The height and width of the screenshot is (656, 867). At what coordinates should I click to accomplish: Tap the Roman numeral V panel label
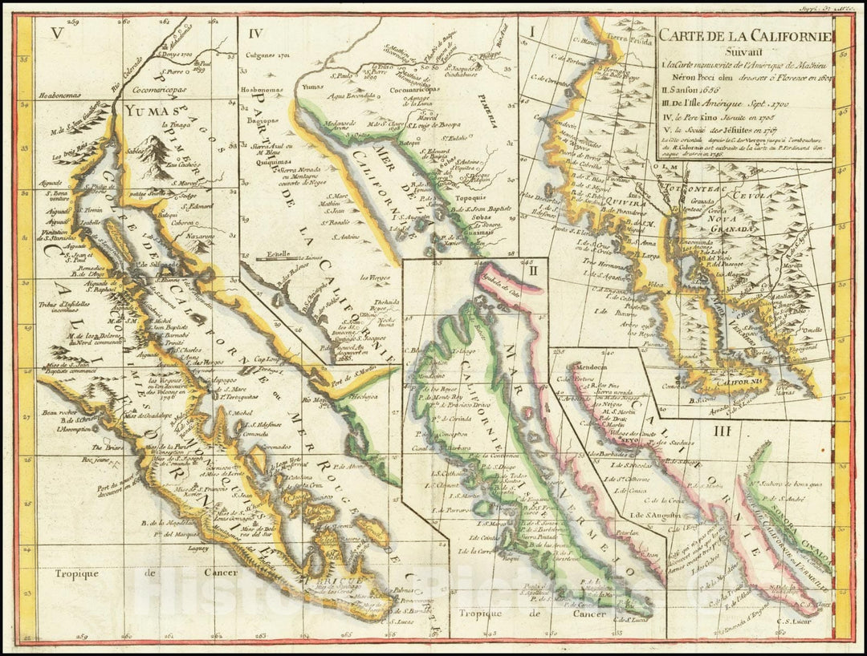coord(55,33)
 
